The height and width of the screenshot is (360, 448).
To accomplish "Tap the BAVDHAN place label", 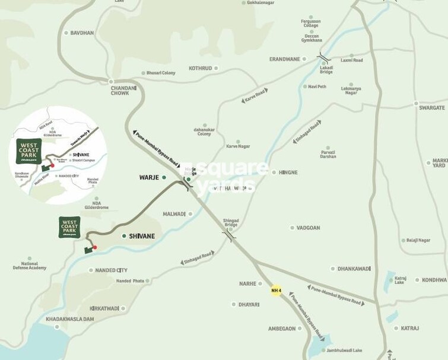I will click(82, 33).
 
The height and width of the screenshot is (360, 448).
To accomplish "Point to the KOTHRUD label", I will click(199, 68).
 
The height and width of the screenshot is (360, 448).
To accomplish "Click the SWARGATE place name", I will click(431, 107).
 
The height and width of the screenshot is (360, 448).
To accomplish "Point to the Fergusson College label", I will click(310, 24).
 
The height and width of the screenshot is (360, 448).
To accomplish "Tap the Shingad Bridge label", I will click(230, 222).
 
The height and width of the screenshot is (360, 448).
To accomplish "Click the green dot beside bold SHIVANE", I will click(123, 236).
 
